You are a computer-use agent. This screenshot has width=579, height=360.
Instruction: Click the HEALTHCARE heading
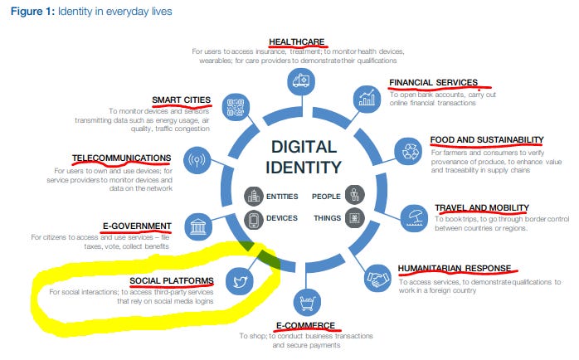296,41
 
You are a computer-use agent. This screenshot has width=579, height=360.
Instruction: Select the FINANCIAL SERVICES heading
433,83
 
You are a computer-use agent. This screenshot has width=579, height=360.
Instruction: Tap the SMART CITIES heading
181,101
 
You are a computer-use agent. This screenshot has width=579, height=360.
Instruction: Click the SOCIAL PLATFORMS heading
172,280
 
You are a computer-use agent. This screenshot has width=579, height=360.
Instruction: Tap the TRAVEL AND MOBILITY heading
481,207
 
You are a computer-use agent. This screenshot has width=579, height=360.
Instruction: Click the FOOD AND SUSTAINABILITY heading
486,140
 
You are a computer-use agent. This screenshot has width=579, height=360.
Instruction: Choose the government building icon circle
197,226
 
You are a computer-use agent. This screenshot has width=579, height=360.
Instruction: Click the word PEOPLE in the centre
325,197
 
